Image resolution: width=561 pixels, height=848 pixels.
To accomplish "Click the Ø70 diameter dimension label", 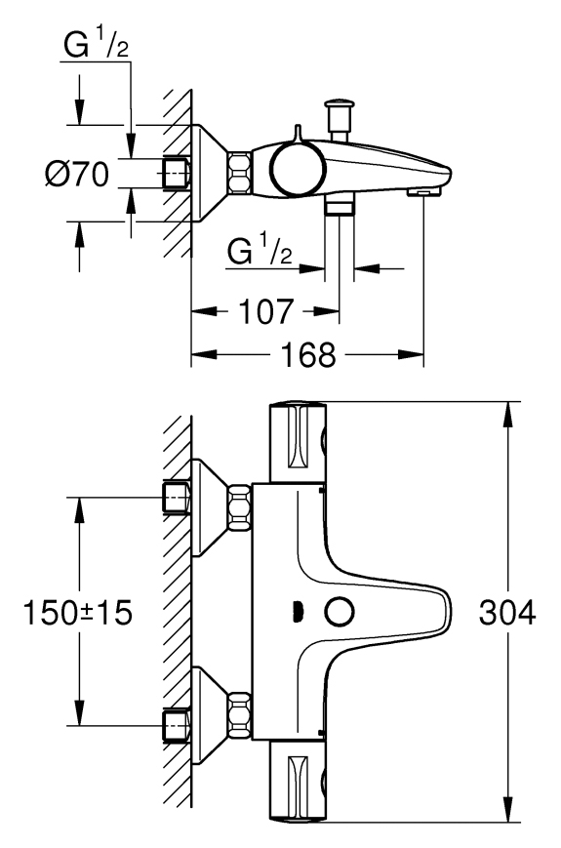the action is pyautogui.click(x=77, y=174).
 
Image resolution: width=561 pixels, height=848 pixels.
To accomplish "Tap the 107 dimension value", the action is pyautogui.click(x=265, y=311).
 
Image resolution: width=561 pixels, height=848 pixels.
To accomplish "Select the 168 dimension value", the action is pyautogui.click(x=308, y=355).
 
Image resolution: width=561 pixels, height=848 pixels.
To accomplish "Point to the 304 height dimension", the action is pyautogui.click(x=507, y=613).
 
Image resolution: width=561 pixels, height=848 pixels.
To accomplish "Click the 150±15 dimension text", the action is pyautogui.click(x=77, y=613).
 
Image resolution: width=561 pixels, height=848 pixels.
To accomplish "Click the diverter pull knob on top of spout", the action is pyautogui.click(x=339, y=118).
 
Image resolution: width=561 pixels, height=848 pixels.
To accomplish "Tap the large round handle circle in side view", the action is pyautogui.click(x=299, y=168).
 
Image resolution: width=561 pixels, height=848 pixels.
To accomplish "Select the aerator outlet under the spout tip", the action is pyautogui.click(x=424, y=192).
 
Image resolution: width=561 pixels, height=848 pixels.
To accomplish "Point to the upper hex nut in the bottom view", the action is pyautogui.click(x=240, y=507).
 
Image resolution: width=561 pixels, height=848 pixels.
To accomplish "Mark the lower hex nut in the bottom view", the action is pyautogui.click(x=240, y=715).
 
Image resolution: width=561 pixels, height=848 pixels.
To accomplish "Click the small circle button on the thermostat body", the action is pyautogui.click(x=340, y=612).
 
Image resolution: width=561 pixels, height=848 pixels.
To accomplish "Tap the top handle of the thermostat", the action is pyautogui.click(x=298, y=442).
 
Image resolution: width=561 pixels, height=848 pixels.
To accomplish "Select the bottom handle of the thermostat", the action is pyautogui.click(x=298, y=782).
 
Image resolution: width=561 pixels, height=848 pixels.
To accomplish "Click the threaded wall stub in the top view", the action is pyautogui.click(x=176, y=174).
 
